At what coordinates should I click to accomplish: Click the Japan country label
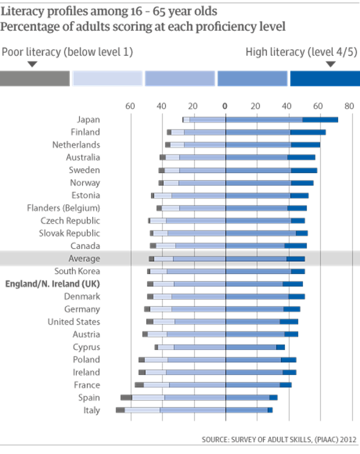tap(88, 120)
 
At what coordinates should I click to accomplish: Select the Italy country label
tap(91, 410)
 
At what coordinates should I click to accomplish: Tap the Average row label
tap(84, 258)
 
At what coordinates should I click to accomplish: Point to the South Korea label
tap(77, 271)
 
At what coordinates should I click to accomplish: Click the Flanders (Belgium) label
tap(64, 208)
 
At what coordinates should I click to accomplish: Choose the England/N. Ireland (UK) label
tap(53, 284)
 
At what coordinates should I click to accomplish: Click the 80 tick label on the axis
tap(348, 106)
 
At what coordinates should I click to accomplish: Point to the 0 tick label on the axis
tap(225, 106)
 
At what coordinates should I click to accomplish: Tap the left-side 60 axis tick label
tap(130, 106)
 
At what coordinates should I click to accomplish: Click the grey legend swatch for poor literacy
tap(35, 78)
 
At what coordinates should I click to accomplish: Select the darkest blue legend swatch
tap(324, 78)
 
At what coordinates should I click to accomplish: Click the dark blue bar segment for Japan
tap(320, 120)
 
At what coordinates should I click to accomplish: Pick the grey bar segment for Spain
tap(126, 397)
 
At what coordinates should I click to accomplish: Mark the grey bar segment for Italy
tap(120, 410)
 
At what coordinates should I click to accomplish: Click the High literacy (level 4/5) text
tap(301, 52)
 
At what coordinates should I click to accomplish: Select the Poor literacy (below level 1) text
tap(68, 52)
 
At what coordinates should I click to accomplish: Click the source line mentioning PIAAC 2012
tap(279, 439)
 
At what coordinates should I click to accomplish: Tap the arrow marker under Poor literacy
tap(33, 64)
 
